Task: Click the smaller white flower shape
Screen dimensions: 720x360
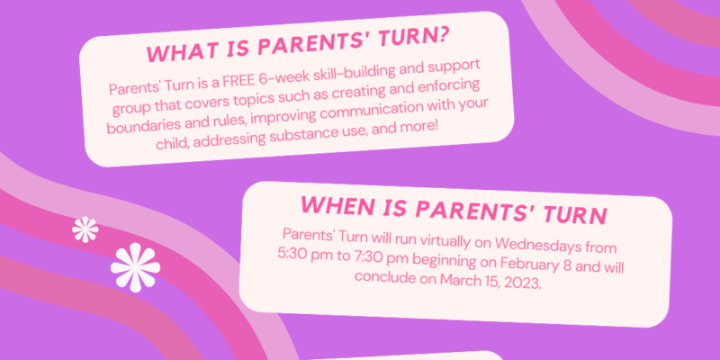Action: (85, 229)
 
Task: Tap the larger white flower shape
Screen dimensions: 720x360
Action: (136, 267)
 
